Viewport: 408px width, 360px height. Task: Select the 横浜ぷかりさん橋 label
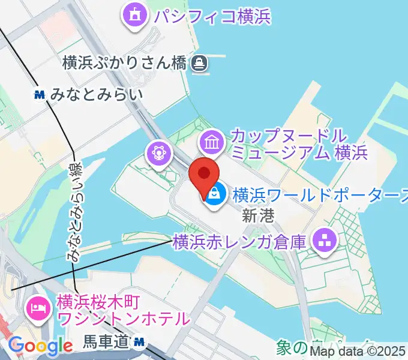click(x=125, y=62)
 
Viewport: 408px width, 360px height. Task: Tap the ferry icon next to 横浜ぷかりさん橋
click(x=199, y=62)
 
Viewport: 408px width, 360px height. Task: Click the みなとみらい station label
click(x=97, y=94)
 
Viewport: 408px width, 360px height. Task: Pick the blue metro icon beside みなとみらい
click(x=40, y=94)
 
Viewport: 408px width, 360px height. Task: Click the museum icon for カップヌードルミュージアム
click(x=212, y=143)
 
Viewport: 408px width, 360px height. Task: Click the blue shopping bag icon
click(x=214, y=193)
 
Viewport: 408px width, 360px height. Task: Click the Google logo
click(x=40, y=346)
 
